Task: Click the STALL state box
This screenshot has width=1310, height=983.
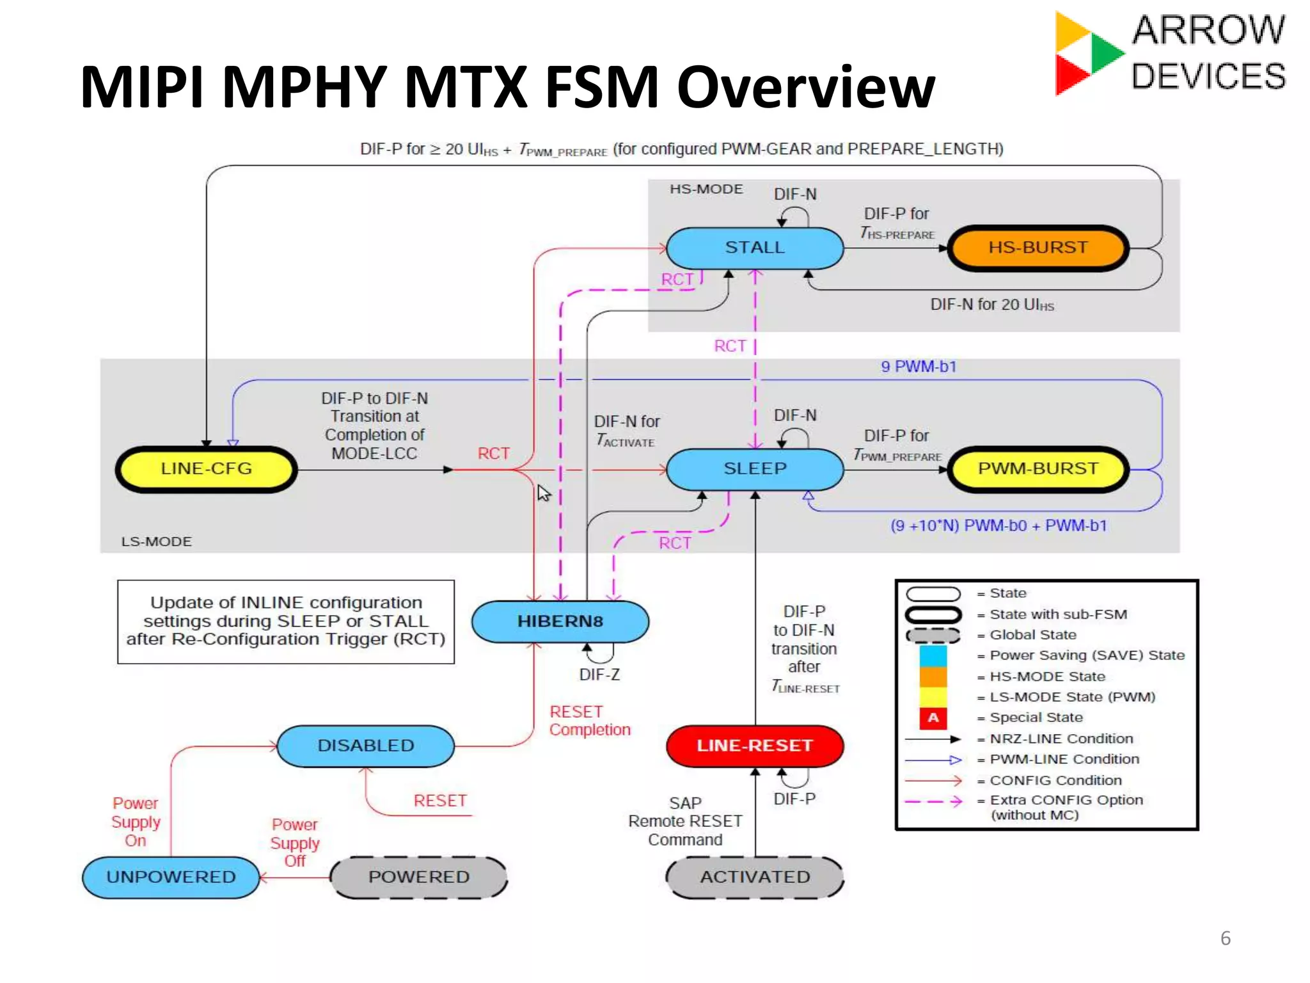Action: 755,248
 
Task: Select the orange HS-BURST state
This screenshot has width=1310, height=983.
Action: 1038,248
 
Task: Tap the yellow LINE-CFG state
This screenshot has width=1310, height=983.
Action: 206,469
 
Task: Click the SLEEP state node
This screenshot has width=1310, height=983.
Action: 755,469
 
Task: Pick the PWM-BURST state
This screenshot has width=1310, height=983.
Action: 1038,469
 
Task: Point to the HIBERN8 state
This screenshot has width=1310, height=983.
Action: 560,621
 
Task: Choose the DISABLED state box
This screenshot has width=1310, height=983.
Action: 366,746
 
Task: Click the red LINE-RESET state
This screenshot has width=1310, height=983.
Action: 755,746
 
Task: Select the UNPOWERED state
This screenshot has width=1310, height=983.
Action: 171,877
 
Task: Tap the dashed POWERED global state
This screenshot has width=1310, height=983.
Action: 419,877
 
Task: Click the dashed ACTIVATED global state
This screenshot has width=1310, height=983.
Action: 755,877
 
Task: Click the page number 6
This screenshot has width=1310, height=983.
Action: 1225,938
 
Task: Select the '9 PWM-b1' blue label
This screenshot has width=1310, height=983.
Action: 919,367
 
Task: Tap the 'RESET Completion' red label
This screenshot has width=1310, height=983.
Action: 589,721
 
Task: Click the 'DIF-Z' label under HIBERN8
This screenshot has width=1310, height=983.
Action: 599,675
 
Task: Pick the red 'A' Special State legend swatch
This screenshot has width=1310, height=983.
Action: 933,717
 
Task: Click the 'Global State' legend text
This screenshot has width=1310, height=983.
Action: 1032,635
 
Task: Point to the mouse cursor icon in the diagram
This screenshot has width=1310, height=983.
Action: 544,493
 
